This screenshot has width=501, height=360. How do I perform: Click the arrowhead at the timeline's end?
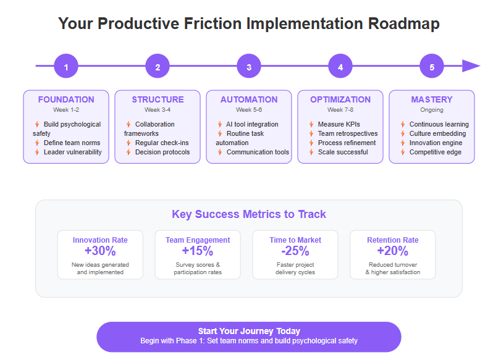point(471,66)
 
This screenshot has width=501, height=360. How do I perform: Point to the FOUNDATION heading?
point(66,99)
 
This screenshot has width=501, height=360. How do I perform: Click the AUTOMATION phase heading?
point(249,99)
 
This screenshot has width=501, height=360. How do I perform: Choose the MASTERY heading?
point(432,99)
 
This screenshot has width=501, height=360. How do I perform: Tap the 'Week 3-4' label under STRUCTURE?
point(158,110)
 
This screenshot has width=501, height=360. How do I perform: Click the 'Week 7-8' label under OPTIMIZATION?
point(340,110)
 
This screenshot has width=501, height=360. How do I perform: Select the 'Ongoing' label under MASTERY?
point(432,110)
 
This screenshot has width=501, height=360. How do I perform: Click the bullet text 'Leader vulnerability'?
point(73,152)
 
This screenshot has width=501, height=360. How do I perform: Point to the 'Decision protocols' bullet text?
point(162,152)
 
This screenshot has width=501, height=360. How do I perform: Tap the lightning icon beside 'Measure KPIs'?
point(311,124)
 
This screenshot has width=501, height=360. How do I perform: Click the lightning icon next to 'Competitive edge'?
point(403,152)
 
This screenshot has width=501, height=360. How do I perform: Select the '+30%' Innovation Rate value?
point(100,251)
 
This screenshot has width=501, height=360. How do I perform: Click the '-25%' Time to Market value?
point(295,251)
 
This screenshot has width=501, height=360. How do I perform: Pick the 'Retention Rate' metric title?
point(393,240)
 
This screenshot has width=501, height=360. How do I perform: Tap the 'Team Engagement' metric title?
point(198,240)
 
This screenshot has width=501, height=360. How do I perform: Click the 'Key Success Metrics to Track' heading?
point(249,214)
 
